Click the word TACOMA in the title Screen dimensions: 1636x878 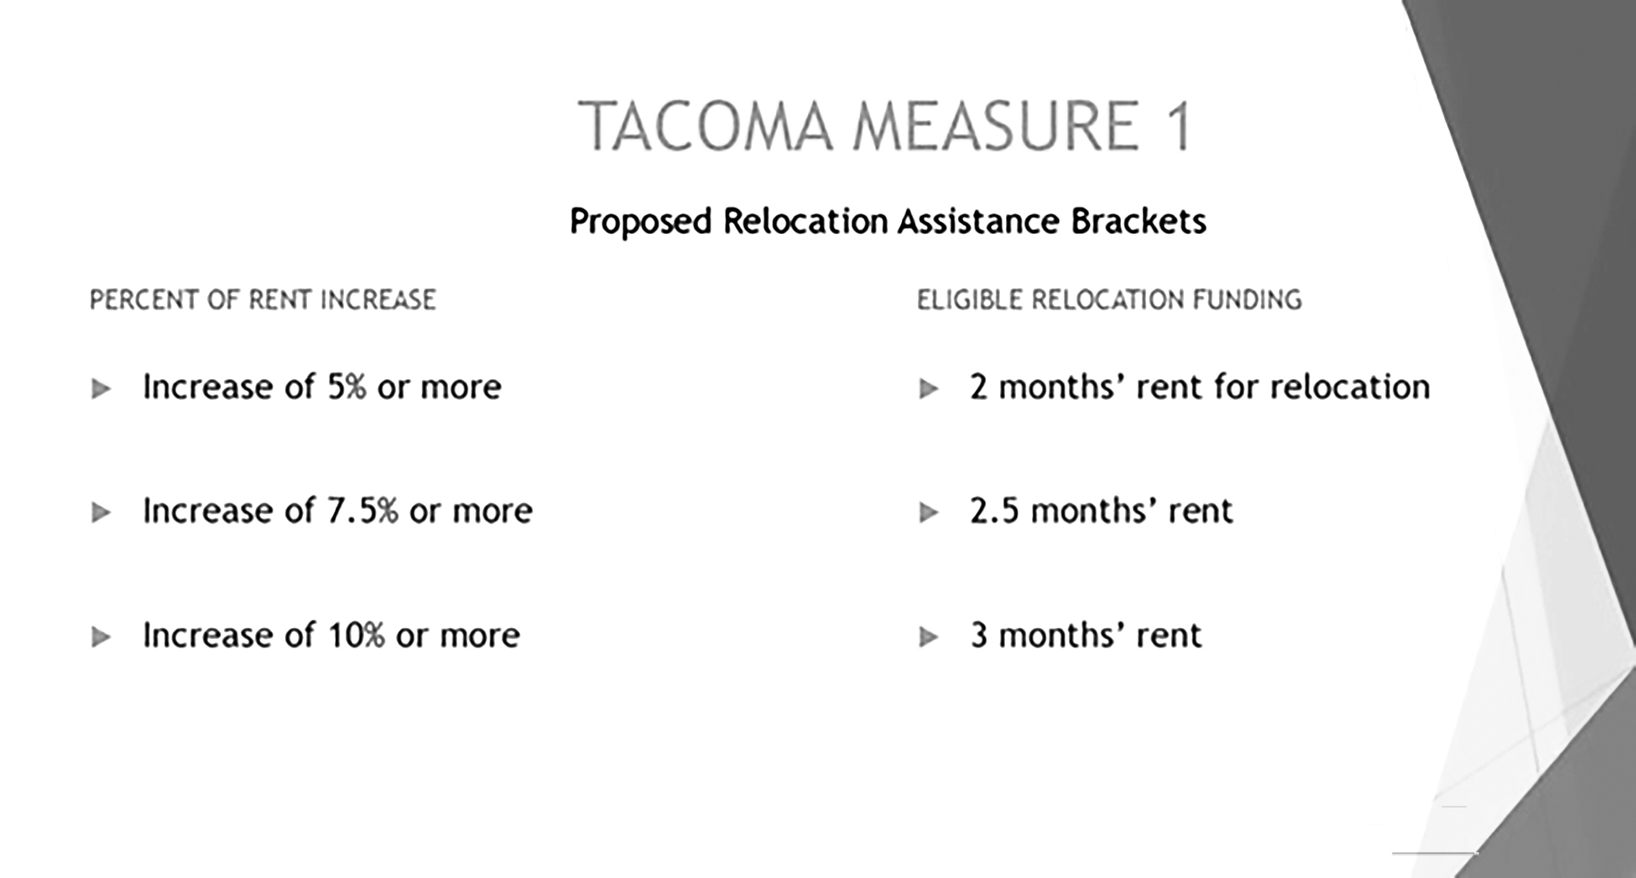coord(706,126)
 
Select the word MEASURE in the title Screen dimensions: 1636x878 coord(996,126)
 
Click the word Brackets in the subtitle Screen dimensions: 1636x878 coord(1138,221)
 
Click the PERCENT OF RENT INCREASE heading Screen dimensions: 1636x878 coord(263,300)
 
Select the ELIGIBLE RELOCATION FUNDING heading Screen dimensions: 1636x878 coord(1109,300)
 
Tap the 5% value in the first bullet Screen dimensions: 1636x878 coord(346,387)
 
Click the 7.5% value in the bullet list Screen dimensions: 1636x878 coord(362,511)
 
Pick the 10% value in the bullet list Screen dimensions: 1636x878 coord(357,635)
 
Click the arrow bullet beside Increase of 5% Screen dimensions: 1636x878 coord(101,389)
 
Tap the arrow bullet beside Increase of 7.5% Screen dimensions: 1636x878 coord(101,512)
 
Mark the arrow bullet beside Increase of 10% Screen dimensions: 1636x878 coord(101,637)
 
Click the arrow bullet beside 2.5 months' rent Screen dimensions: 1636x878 coord(928,512)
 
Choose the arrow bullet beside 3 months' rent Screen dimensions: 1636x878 coord(928,637)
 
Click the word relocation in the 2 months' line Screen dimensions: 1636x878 coord(1350,387)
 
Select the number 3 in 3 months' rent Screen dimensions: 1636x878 coord(979,635)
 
